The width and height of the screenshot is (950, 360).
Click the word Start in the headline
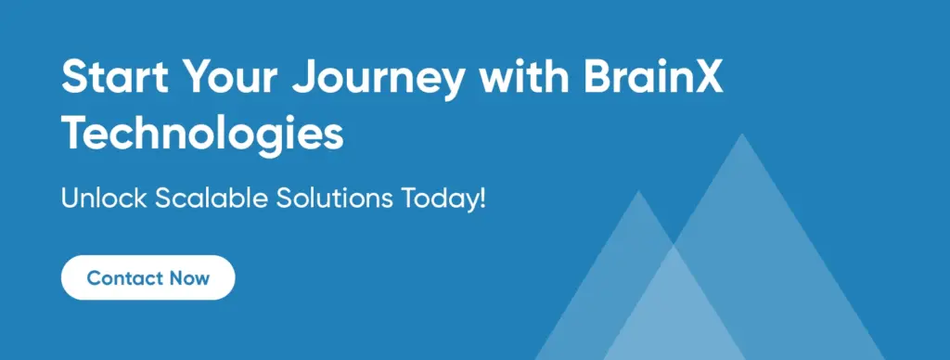click(114, 76)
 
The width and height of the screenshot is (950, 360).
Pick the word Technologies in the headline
click(202, 134)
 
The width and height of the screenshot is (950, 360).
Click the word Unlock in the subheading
click(104, 199)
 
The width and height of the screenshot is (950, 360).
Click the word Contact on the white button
click(125, 278)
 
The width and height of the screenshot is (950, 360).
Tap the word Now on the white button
click(189, 278)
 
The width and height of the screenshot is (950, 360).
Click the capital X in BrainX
click(707, 77)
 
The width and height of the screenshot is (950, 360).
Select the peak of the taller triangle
click(741, 134)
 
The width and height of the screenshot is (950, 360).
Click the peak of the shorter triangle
click(638, 191)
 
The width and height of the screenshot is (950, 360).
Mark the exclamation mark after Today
click(482, 199)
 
